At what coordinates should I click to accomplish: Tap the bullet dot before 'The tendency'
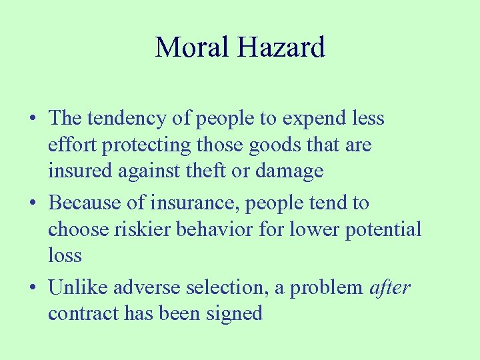(x=32, y=119)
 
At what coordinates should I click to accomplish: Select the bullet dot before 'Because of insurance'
(x=32, y=203)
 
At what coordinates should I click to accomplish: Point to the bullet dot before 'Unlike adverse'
(x=32, y=288)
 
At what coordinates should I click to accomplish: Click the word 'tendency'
(x=124, y=119)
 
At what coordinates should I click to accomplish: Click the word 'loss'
(x=65, y=255)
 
